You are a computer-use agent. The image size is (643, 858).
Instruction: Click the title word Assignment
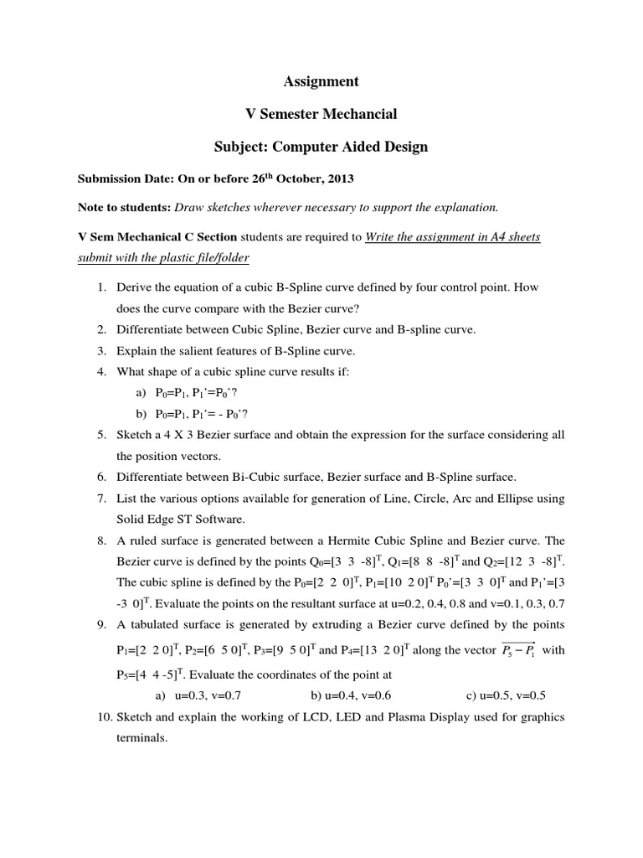click(x=321, y=81)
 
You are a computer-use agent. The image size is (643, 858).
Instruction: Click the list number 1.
click(x=100, y=287)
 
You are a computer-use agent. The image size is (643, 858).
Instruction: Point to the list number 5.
click(x=100, y=435)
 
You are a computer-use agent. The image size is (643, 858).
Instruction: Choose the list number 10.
click(x=98, y=716)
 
